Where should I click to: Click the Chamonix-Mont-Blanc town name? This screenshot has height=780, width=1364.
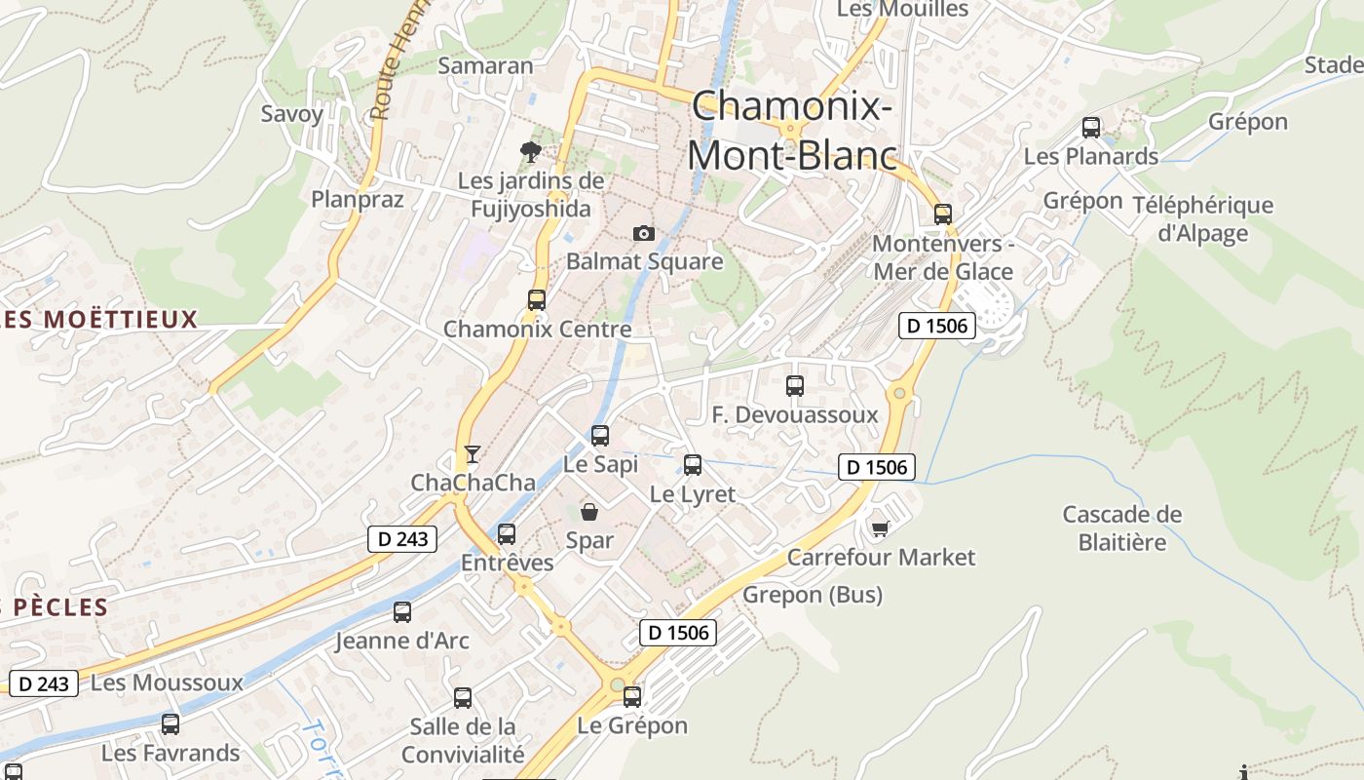click(x=791, y=131)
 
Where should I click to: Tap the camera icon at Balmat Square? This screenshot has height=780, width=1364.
click(x=643, y=233)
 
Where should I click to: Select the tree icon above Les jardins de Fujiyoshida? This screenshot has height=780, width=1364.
click(x=531, y=151)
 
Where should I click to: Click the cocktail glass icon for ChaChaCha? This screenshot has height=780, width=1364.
click(x=473, y=453)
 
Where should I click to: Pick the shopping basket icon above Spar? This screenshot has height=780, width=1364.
click(x=589, y=512)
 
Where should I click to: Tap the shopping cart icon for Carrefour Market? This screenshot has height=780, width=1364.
click(x=880, y=528)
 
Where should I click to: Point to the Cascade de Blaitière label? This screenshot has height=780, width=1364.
click(x=1122, y=527)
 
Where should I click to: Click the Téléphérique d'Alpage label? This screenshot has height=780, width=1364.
click(x=1202, y=218)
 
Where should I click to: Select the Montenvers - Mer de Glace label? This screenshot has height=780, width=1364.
click(x=943, y=257)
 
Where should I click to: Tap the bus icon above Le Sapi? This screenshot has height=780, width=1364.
click(x=600, y=436)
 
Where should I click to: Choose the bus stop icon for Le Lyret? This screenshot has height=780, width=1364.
click(x=693, y=465)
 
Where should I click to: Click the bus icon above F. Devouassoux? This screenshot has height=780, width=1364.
click(x=795, y=386)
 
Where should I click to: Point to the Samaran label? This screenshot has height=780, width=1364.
click(x=485, y=66)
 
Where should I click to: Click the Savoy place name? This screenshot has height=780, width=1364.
click(x=291, y=113)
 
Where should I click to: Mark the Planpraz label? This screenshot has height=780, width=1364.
click(x=357, y=199)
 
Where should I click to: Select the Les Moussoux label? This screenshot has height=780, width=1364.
click(x=167, y=682)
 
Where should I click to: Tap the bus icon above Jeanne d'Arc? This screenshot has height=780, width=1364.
click(x=402, y=612)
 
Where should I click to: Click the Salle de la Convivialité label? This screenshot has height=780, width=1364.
click(x=463, y=740)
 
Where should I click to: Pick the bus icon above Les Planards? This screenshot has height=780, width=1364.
click(x=1091, y=128)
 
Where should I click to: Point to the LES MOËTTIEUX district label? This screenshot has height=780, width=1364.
click(x=99, y=319)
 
